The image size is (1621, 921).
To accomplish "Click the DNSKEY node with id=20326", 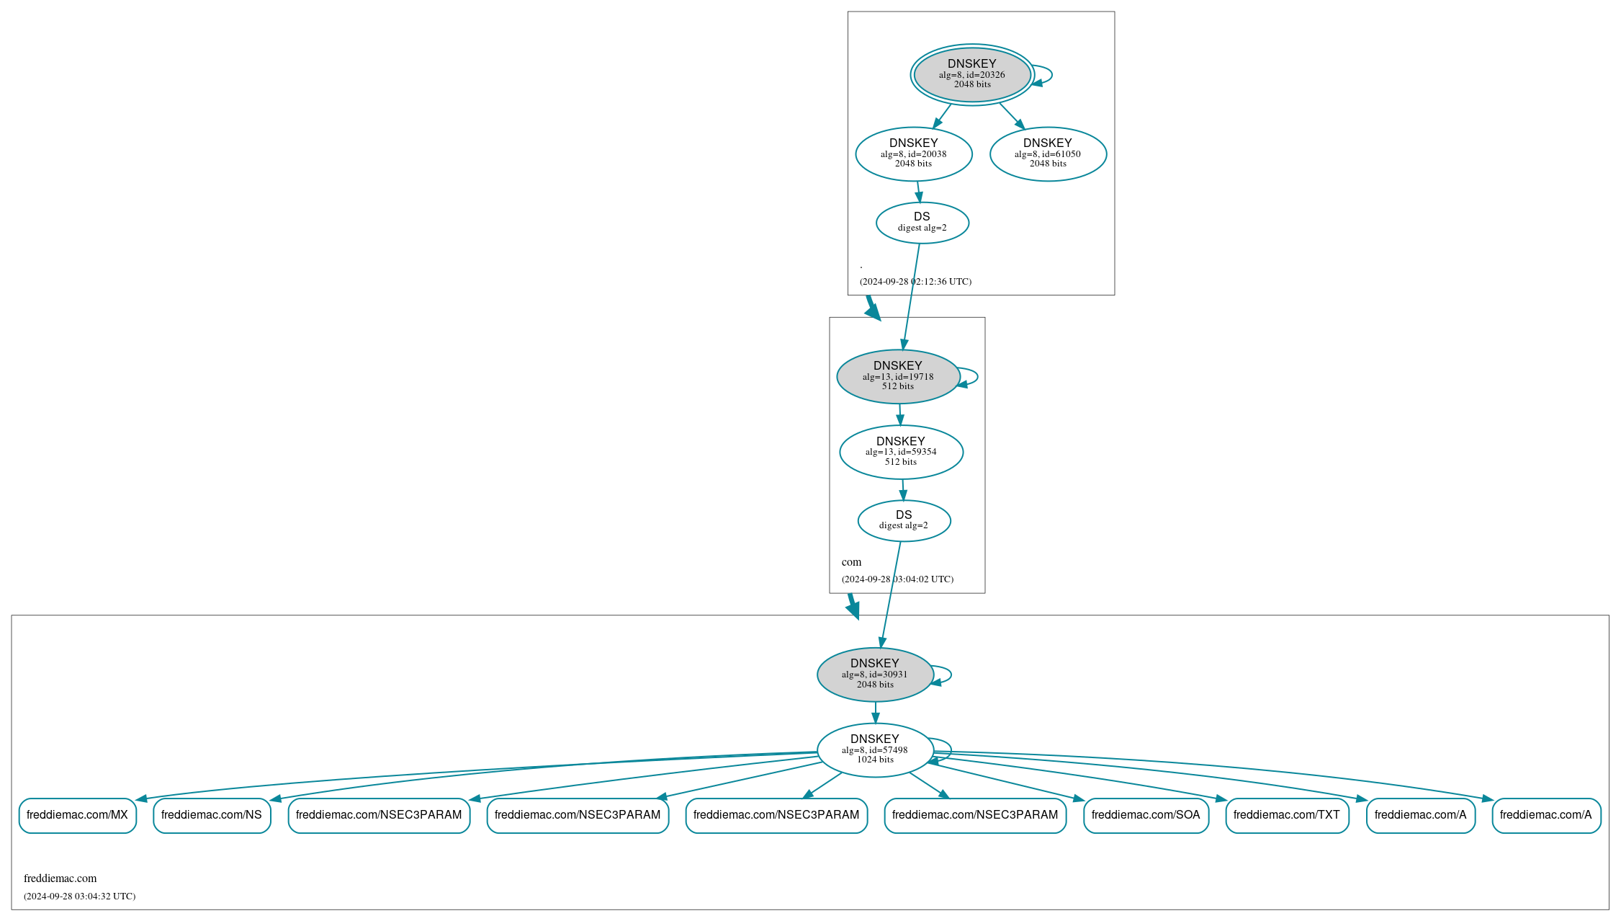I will point(971,74).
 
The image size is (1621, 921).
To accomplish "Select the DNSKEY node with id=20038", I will point(913,153).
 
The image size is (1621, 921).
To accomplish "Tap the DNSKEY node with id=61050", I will point(1048,153).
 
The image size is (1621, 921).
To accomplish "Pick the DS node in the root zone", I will point(922,222).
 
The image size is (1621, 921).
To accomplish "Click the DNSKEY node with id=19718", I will point(897,376).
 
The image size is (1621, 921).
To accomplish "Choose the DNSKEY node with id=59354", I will point(901,452).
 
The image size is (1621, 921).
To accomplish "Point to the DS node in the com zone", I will point(904,520).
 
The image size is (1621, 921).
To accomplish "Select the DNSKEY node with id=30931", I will point(875,674).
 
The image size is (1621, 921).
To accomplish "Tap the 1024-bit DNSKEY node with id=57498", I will point(875,749).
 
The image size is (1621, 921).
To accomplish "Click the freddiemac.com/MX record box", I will point(77,815).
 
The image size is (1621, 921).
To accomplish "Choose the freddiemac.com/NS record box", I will point(212,815).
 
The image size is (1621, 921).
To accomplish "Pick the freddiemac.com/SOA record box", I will point(1146,815).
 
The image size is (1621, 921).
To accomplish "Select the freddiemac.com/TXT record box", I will point(1287,815).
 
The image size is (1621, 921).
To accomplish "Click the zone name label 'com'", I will point(851,562).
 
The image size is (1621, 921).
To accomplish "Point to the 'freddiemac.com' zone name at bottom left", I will point(60,878).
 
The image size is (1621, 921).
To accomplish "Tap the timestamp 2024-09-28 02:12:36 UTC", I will point(915,282).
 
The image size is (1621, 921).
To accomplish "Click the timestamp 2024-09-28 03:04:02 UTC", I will point(897,579).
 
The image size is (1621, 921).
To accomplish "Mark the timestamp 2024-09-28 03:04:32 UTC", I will point(79,896).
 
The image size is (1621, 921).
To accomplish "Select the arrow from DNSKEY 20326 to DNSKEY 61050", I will point(1011,115).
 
